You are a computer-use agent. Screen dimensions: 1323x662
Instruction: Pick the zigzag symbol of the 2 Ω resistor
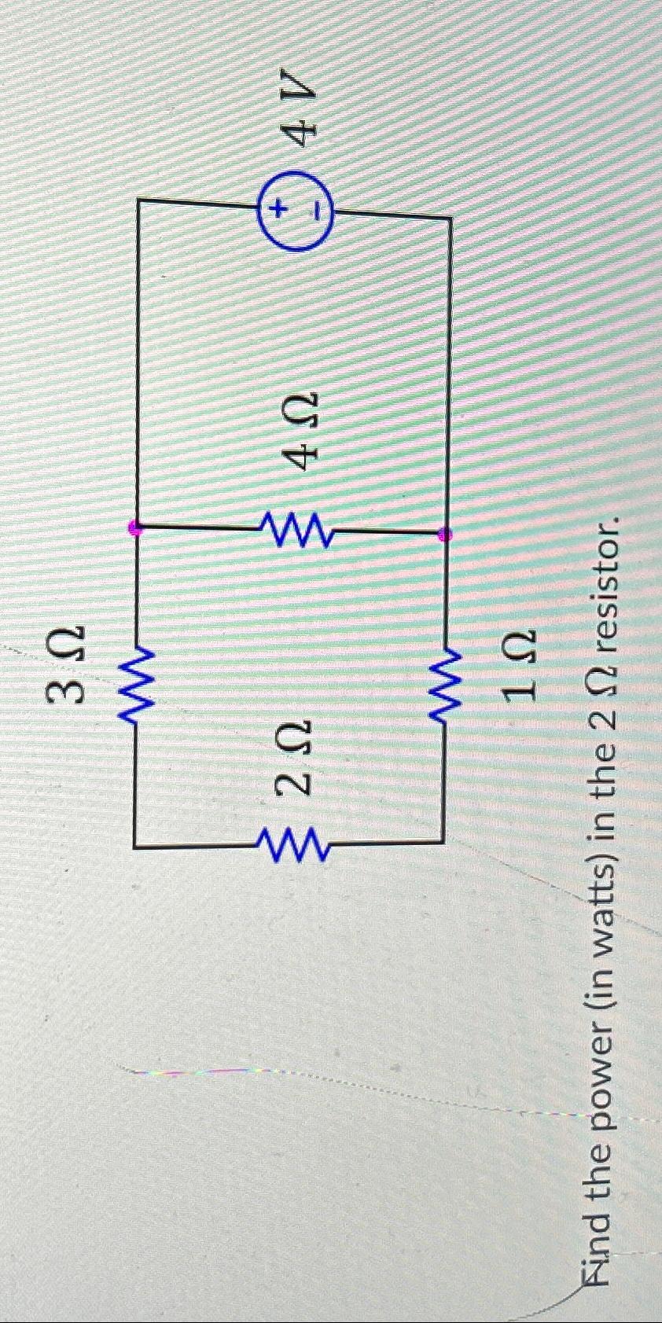click(x=292, y=842)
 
